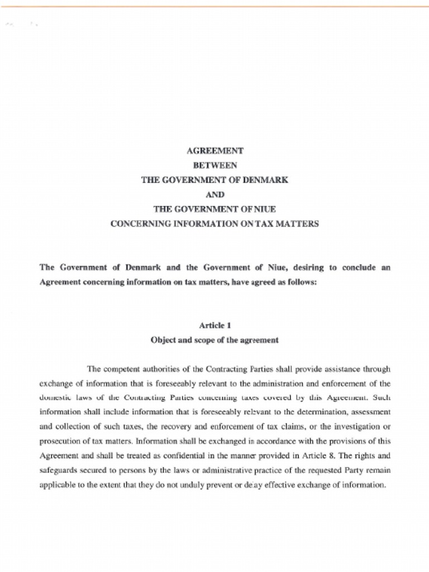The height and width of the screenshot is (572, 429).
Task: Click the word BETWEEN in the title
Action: pyautogui.click(x=214, y=165)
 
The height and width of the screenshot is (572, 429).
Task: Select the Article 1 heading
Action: pyautogui.click(x=214, y=325)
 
